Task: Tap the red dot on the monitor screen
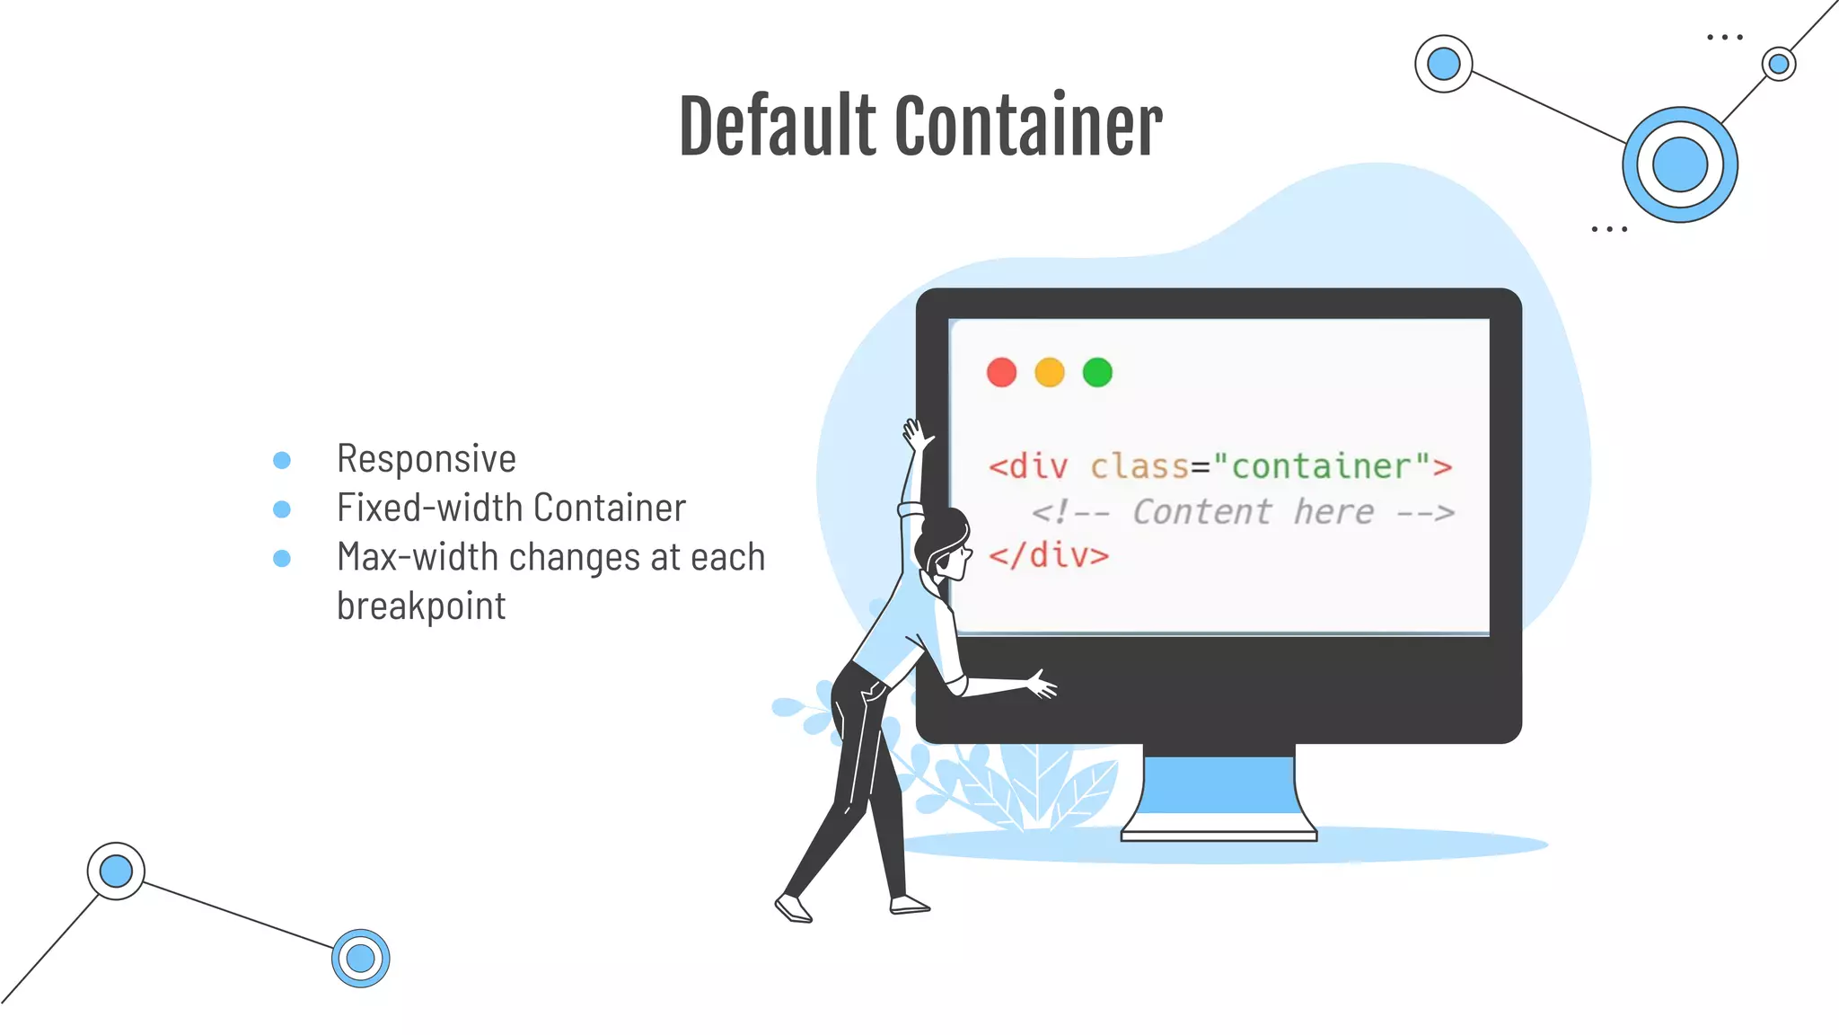click(x=1001, y=372)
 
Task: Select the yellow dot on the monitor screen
click(x=1049, y=372)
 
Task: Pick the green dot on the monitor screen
click(x=1097, y=372)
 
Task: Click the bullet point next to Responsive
click(x=282, y=460)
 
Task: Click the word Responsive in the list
click(x=427, y=459)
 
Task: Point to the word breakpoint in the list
click(x=421, y=606)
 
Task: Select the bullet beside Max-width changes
click(x=282, y=559)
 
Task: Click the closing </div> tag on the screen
click(x=1049, y=555)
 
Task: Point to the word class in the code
click(x=1139, y=466)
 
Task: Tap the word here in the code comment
click(x=1333, y=512)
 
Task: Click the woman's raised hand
click(x=916, y=436)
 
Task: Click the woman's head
click(x=943, y=544)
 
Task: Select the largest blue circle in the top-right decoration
click(x=1679, y=164)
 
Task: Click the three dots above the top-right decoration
click(x=1724, y=38)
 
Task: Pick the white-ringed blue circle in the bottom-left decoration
click(x=116, y=871)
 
